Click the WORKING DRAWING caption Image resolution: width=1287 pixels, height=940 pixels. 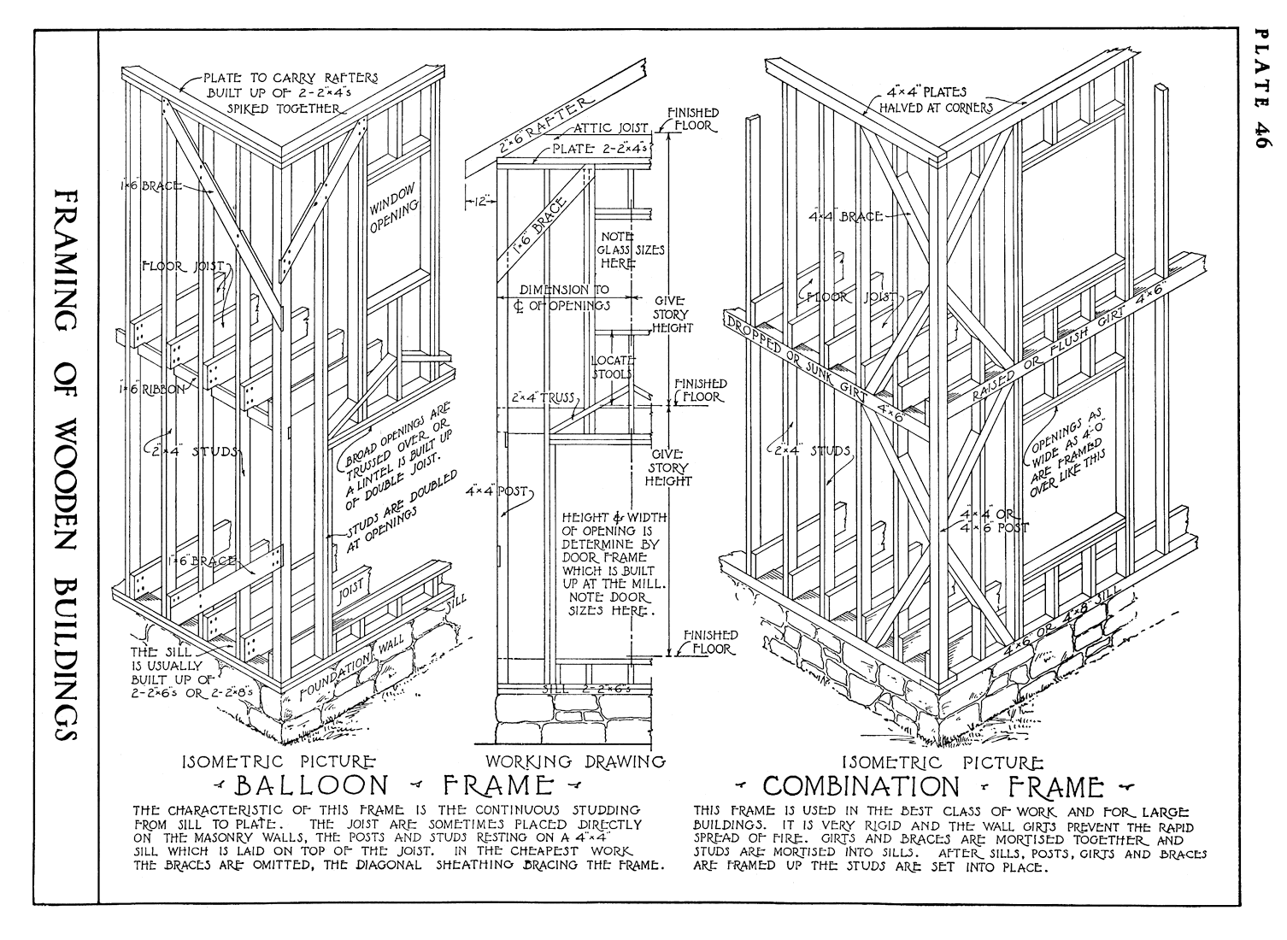click(574, 761)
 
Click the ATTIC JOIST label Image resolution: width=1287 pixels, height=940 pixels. click(612, 128)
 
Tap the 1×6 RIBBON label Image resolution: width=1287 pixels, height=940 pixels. click(152, 389)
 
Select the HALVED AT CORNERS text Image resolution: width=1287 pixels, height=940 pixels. click(937, 108)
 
